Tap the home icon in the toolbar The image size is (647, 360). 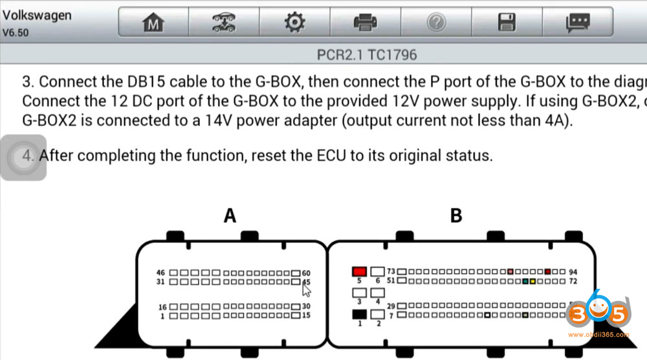point(153,23)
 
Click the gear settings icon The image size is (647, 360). point(294,23)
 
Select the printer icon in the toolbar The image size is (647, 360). point(365,23)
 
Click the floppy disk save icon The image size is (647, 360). point(507,23)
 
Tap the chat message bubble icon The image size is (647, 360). point(577,23)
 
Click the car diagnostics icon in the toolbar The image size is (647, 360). point(224,23)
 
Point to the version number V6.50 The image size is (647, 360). point(16,32)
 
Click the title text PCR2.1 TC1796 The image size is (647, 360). point(367,55)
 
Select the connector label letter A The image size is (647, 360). point(230,216)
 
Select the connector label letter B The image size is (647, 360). point(455,216)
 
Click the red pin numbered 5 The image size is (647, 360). point(359,271)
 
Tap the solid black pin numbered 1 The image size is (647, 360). point(359,314)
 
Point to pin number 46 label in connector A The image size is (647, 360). point(161,273)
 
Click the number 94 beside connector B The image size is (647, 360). point(573,272)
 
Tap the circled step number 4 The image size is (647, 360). point(28,156)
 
